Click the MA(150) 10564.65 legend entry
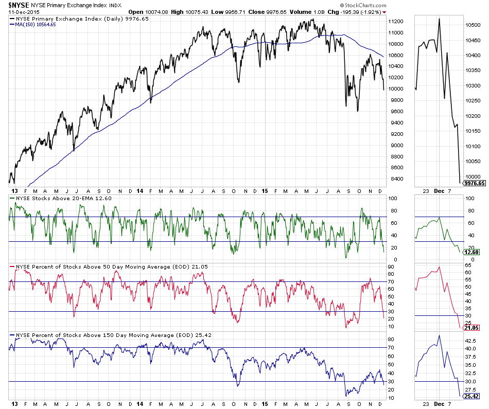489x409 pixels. (33, 24)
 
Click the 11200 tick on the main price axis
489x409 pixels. (396, 21)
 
